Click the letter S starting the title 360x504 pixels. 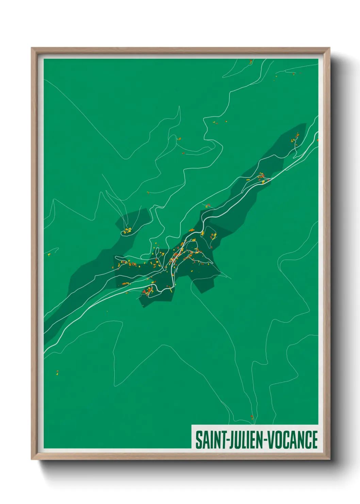pos(198,440)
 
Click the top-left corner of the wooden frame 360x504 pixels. pos(32,48)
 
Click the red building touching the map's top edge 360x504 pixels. pos(251,61)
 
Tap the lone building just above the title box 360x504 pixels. pos(252,417)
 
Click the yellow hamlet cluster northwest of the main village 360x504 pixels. pos(128,231)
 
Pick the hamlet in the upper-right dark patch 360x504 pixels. pos(295,139)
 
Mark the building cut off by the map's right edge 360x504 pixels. pos(317,140)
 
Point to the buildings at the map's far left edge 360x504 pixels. pos(49,254)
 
